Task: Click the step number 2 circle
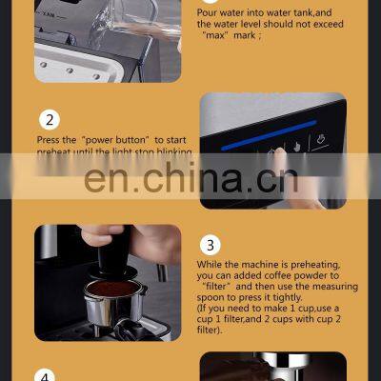pyautogui.click(x=50, y=120)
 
